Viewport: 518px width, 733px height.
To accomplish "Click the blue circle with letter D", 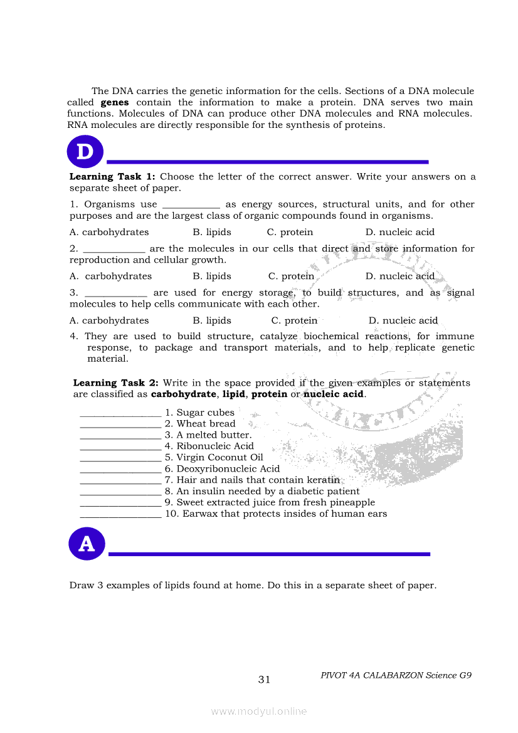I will (x=85, y=152).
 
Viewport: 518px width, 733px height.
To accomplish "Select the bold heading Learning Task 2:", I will (x=116, y=383).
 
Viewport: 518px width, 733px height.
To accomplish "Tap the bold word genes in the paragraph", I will (x=115, y=102).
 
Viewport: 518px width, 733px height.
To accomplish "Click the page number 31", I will (x=264, y=680).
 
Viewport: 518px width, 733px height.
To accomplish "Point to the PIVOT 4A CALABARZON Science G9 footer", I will (x=396, y=675).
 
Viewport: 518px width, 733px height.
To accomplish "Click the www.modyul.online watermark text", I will (x=259, y=712).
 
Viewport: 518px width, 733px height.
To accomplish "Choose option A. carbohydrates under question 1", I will (x=109, y=232).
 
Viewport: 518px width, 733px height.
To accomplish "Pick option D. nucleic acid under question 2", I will (x=400, y=276).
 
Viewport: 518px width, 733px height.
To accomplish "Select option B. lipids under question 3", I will (x=212, y=320).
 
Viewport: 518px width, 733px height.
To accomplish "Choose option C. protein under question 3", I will (x=294, y=320).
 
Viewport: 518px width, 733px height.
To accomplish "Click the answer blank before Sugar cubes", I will (x=120, y=414).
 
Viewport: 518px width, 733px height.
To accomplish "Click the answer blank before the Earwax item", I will (x=120, y=515).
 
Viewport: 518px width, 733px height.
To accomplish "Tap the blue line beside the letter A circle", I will (x=270, y=554).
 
